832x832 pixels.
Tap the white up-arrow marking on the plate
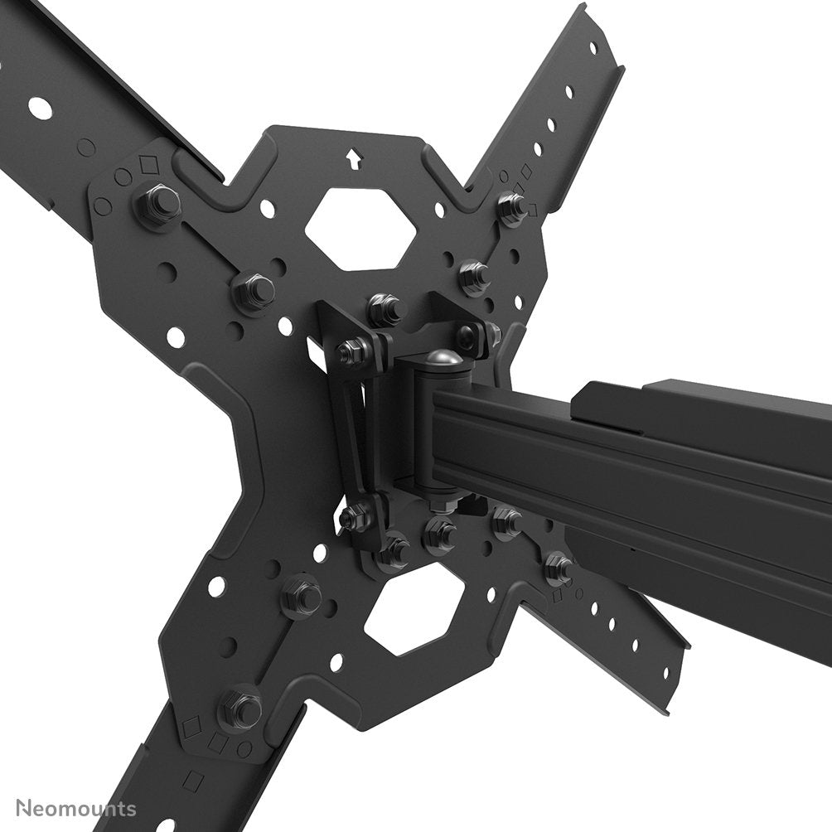point(354,157)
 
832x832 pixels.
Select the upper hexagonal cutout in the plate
point(360,228)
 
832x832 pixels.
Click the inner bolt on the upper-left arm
point(254,289)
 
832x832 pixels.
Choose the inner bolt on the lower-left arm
point(302,595)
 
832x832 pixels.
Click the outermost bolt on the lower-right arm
point(558,567)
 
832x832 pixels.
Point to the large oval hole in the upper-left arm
point(39,107)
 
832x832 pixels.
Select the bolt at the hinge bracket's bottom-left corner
point(355,517)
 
